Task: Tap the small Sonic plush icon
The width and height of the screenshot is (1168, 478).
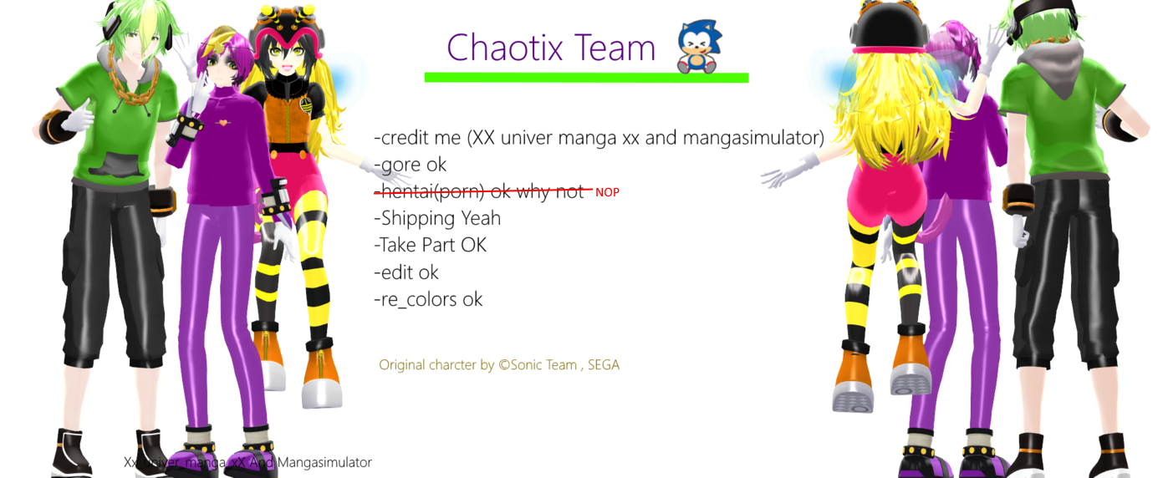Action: [x=699, y=47]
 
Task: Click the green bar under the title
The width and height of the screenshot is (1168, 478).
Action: [x=585, y=78]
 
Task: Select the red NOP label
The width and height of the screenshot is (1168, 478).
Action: [x=607, y=192]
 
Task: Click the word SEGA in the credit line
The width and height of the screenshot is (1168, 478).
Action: [x=603, y=365]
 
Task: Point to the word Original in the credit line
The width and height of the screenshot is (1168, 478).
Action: [x=402, y=365]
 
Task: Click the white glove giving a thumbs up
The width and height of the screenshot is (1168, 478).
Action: [x=75, y=118]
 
